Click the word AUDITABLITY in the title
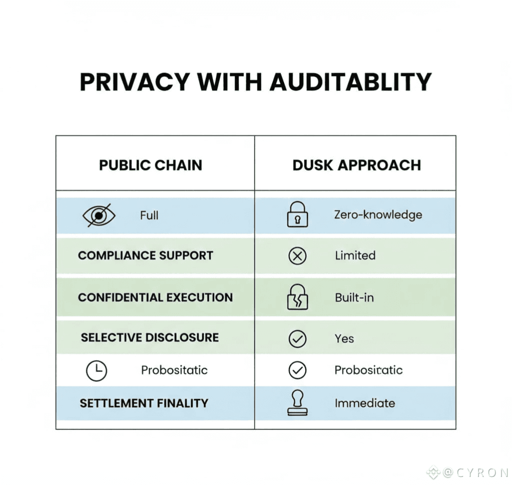pos(350,81)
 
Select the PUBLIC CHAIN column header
pos(150,165)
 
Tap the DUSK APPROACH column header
pos(356,165)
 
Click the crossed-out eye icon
pos(99,215)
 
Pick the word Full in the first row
pos(149,215)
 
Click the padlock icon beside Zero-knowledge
pos(297,214)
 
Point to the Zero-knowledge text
pos(378,215)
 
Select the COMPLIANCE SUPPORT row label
pos(145,255)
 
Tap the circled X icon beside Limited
pos(297,255)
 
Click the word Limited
pos(355,255)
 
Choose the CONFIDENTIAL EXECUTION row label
pos(155,297)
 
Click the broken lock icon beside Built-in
pos(297,297)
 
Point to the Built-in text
pos(354,298)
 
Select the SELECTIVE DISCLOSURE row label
pos(150,337)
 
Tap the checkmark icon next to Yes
pos(297,338)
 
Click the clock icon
pos(96,370)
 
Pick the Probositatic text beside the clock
pos(174,370)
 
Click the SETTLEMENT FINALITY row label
pos(144,403)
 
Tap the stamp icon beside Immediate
pos(297,402)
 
